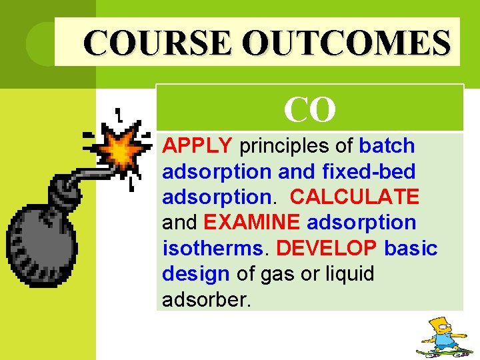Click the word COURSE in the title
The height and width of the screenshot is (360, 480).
(x=158, y=42)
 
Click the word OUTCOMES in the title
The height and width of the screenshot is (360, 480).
(x=346, y=42)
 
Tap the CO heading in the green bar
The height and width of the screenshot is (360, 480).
(x=309, y=109)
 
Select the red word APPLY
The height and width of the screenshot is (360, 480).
(x=197, y=145)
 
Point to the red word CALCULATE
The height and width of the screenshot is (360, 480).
(x=355, y=197)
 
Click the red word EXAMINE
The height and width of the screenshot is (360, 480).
(x=253, y=222)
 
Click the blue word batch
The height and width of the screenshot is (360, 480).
(x=387, y=145)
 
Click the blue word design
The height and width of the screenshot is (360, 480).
(x=196, y=273)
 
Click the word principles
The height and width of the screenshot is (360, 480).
(x=296, y=145)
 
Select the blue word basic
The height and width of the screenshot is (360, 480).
(x=411, y=248)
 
